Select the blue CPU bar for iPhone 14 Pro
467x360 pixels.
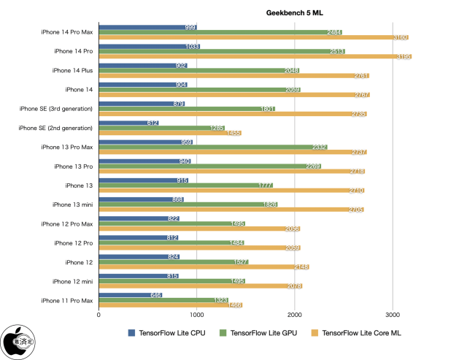click(x=146, y=46)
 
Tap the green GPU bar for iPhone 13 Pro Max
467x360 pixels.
click(x=212, y=147)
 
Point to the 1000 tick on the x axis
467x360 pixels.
click(x=196, y=315)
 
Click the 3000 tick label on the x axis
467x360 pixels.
click(x=393, y=315)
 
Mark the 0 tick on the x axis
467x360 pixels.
click(x=99, y=315)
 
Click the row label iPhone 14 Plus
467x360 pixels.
click(x=72, y=71)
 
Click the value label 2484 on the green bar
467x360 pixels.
click(x=335, y=33)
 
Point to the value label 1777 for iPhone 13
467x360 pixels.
click(x=266, y=185)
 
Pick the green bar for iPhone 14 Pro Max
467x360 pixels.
click(x=219, y=33)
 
